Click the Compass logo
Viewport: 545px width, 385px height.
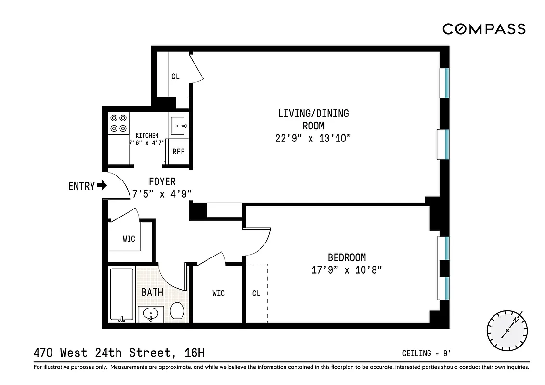click(x=484, y=29)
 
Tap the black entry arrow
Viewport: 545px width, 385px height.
click(x=102, y=185)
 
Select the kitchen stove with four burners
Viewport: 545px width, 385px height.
click(x=118, y=123)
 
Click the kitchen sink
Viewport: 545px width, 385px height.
click(x=180, y=126)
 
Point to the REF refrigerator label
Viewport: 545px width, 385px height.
click(x=178, y=152)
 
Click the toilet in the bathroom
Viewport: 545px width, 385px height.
click(x=177, y=310)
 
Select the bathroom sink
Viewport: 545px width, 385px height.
click(x=151, y=314)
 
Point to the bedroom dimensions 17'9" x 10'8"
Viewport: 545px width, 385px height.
click(x=347, y=270)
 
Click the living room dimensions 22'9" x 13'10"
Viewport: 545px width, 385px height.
click(x=313, y=138)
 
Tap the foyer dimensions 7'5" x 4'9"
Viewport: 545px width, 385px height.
click(x=162, y=193)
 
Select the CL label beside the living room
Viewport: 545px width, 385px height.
click(x=175, y=77)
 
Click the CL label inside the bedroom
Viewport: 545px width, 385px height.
click(x=256, y=293)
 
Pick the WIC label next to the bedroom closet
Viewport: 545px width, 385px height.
click(x=218, y=293)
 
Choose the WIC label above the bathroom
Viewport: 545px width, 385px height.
click(x=129, y=239)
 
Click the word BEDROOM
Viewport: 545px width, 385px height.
click(x=347, y=257)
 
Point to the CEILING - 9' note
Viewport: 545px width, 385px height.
click(x=426, y=354)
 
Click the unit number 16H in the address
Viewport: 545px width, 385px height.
click(x=195, y=353)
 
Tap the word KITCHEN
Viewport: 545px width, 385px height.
click(x=147, y=135)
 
